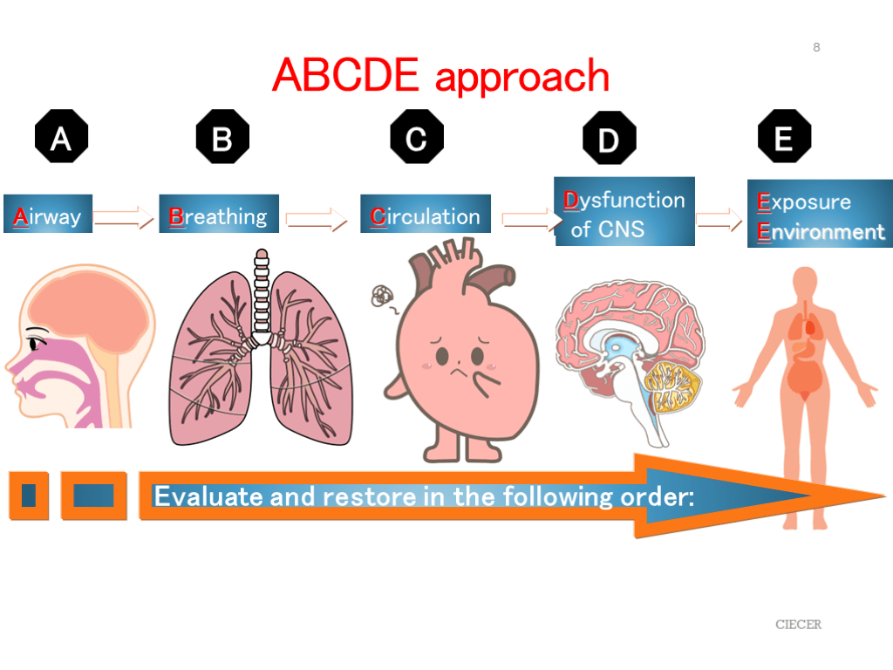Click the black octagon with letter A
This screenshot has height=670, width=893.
point(60,137)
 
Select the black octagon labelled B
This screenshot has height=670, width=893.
point(222,137)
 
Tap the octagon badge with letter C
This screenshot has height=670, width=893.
point(416,137)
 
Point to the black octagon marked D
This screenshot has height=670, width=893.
point(609,139)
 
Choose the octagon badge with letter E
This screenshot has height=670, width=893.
point(784,137)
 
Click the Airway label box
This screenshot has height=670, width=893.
point(48,215)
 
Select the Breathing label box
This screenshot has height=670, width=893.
point(218,215)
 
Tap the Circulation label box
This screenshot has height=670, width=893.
point(426,215)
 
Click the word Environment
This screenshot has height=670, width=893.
point(821,232)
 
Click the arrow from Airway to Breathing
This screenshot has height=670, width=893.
point(123,218)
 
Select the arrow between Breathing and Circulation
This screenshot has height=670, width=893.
point(317,221)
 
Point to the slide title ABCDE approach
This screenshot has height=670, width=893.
point(440,76)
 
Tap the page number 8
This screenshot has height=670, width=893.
point(816,47)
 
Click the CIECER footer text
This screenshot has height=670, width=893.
point(799,625)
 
